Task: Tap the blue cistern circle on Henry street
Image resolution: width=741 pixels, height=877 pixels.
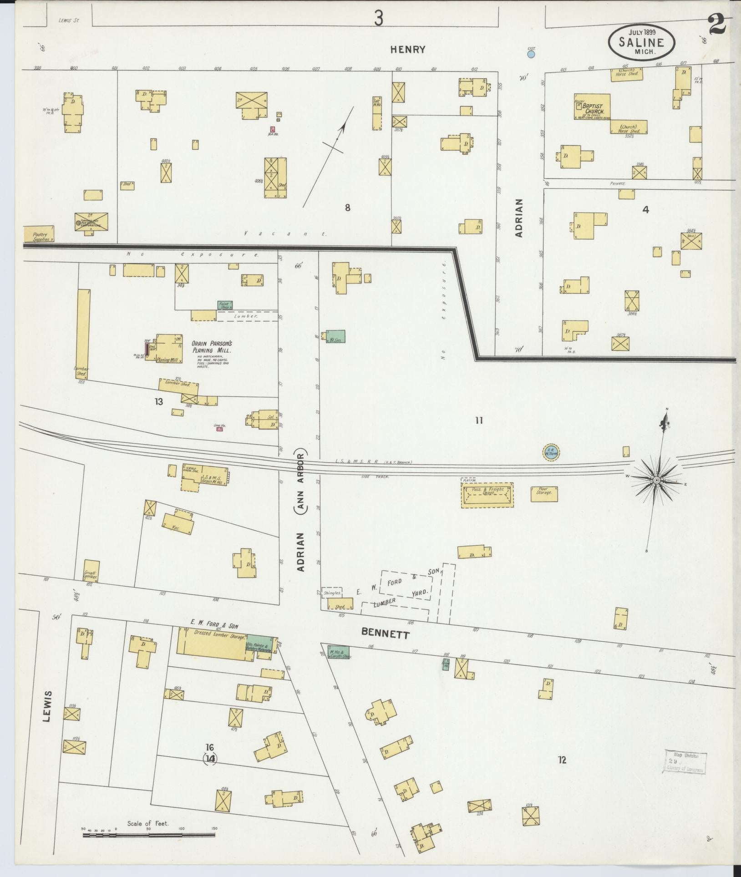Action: (531, 55)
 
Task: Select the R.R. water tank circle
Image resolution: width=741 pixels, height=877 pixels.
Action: (551, 452)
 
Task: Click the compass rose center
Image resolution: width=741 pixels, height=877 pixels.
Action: (657, 481)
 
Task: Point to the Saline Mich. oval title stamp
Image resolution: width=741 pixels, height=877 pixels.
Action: (642, 41)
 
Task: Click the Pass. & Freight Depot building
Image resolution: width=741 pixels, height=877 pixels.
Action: (487, 495)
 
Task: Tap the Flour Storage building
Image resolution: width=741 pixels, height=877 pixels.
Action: (544, 494)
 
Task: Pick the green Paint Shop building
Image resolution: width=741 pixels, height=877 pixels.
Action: (224, 305)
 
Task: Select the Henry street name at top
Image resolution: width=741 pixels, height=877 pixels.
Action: (408, 50)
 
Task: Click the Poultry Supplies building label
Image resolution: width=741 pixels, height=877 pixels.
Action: (40, 237)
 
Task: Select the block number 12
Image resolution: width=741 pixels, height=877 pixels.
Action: (562, 760)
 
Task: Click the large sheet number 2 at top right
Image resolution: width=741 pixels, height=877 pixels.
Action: (718, 26)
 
